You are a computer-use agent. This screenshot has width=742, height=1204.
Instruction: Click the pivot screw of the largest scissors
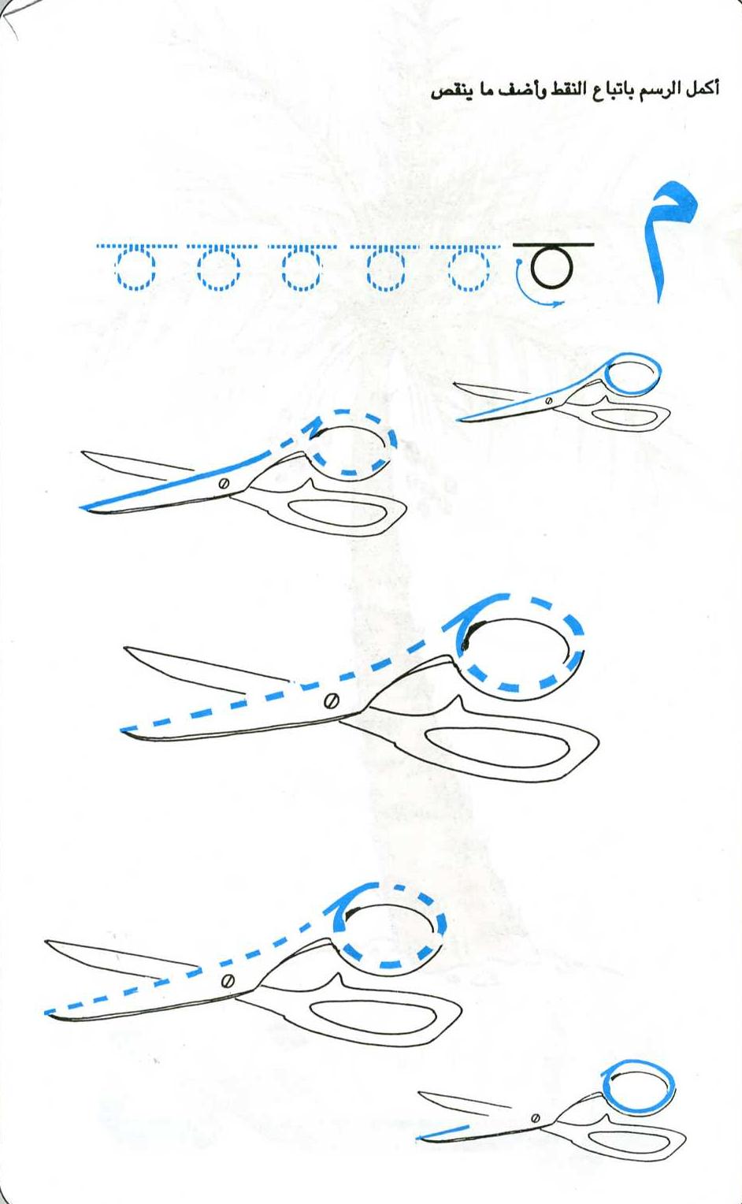pos(332,701)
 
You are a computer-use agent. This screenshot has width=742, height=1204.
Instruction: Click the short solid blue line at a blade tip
pos(444,1131)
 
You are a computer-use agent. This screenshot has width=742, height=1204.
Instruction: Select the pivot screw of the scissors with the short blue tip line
pos(535,1119)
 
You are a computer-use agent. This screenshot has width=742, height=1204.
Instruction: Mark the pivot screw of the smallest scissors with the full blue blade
pos(548,401)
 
